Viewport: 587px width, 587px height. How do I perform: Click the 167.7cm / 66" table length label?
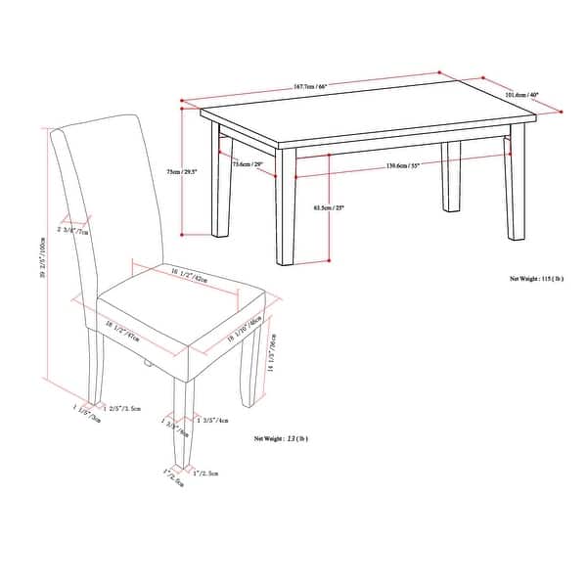point(308,86)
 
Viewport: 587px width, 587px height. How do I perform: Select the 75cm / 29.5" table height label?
point(182,171)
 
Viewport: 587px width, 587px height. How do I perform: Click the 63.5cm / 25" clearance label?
point(329,207)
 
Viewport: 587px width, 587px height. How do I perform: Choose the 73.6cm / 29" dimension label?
point(247,164)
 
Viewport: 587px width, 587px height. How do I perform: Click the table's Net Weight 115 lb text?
point(537,278)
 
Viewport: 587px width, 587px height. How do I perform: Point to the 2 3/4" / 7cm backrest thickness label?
point(73,231)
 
